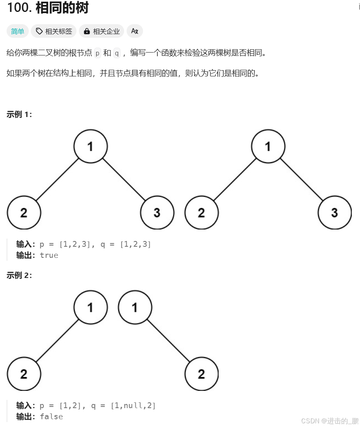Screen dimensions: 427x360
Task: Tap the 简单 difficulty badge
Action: [18, 31]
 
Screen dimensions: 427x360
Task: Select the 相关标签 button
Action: [54, 31]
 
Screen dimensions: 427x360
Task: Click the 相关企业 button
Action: [102, 31]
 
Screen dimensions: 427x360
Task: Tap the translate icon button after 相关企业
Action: [135, 31]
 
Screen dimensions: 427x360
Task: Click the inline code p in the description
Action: [97, 53]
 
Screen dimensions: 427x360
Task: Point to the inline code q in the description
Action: [117, 53]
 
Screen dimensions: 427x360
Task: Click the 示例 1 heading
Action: [19, 115]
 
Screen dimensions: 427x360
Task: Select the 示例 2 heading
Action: [19, 275]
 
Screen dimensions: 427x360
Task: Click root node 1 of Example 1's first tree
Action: [90, 147]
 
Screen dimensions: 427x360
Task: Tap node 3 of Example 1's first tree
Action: [157, 213]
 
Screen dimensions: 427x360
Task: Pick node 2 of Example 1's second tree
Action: [201, 213]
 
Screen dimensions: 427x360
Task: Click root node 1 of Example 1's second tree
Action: [268, 147]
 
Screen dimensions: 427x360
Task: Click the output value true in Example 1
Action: [49, 255]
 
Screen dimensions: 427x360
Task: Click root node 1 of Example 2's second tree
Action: [135, 308]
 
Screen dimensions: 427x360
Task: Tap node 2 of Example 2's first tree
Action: [24, 374]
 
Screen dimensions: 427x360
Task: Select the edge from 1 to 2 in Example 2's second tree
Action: [168, 341]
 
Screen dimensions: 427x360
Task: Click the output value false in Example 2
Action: [51, 417]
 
